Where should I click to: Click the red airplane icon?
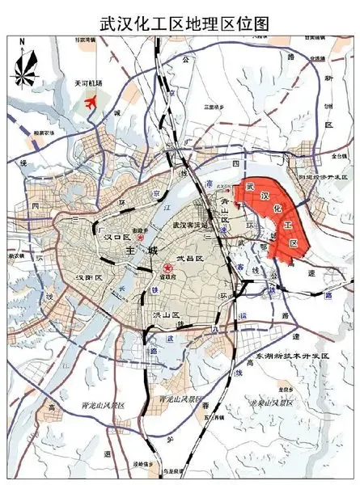coord(89,103)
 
